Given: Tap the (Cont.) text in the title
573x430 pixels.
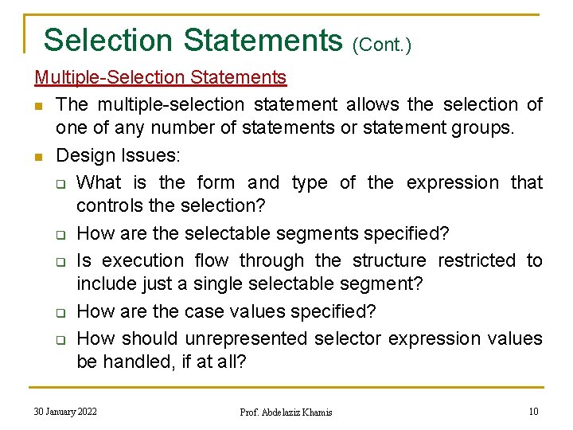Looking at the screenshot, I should click(x=381, y=45).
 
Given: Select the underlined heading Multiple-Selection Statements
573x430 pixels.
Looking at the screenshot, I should click(x=160, y=77).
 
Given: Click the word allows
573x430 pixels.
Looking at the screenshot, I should click(x=372, y=104).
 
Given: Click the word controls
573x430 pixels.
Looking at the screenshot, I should click(x=107, y=205).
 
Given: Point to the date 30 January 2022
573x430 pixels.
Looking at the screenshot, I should click(x=65, y=411).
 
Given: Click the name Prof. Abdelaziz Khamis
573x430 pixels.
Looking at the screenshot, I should click(x=286, y=412).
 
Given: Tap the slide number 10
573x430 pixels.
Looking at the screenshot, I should click(x=533, y=411).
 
